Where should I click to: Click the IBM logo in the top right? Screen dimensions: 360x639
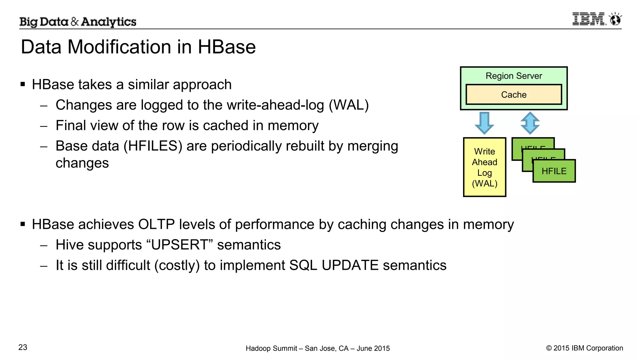(589, 19)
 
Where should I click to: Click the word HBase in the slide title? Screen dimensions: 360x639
(227, 47)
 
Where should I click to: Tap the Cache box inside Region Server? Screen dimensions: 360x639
(514, 95)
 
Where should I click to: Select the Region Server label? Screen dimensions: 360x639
(514, 76)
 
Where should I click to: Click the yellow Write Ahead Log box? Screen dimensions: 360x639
(484, 167)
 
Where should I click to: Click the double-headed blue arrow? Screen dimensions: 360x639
(530, 123)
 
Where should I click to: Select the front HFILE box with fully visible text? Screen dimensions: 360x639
(554, 171)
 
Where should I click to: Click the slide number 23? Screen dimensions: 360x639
(23, 348)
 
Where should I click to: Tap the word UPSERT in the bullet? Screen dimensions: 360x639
(179, 245)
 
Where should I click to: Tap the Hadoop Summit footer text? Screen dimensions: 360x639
(318, 348)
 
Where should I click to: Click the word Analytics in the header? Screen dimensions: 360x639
(109, 22)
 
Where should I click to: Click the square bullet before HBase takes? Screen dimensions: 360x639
(23, 84)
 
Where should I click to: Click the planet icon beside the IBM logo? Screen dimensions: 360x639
(615, 19)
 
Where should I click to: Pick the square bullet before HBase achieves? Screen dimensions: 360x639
(23, 224)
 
